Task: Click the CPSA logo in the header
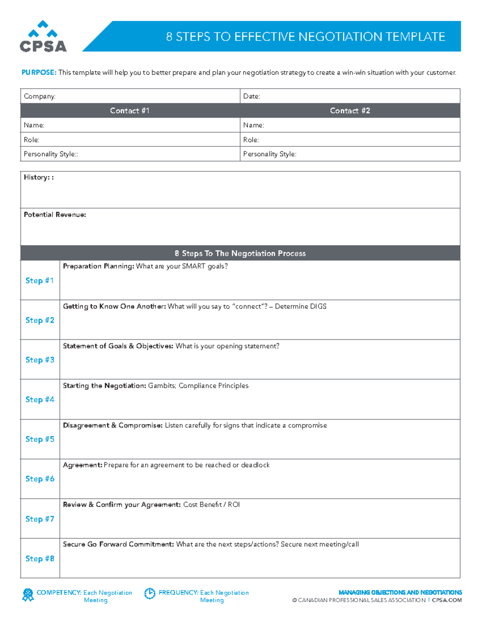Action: pos(43,37)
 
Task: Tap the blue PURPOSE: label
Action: pos(39,73)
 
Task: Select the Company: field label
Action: pos(39,96)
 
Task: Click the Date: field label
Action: pos(251,96)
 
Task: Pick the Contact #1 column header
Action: pos(130,111)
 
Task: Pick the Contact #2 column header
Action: pos(350,111)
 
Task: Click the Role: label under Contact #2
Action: pos(251,140)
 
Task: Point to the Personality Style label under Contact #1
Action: pos(51,154)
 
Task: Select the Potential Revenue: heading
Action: pos(55,215)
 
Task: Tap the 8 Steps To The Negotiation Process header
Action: pos(240,254)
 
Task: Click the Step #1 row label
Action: pos(39,280)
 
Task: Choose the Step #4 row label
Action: pos(40,400)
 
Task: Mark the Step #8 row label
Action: pos(40,558)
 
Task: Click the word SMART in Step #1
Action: pos(194,266)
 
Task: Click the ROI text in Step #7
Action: pos(234,505)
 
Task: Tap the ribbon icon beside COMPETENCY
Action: pos(28,595)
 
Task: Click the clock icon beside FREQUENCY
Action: pos(150,593)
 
